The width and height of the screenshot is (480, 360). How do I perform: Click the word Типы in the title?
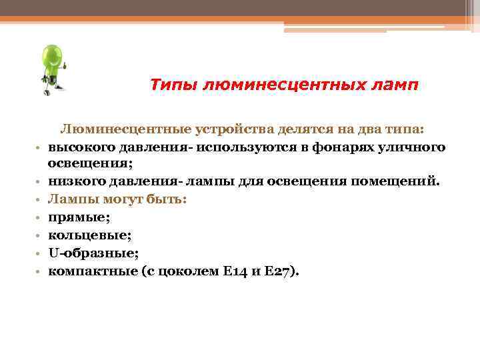(x=172, y=85)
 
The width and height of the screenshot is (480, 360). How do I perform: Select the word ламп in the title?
(x=395, y=85)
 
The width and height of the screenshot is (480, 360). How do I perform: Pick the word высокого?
(x=76, y=146)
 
